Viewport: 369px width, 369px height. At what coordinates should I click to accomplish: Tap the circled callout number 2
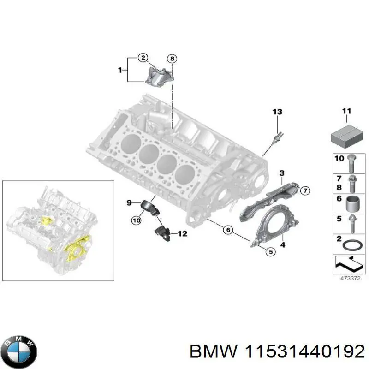(x=143, y=58)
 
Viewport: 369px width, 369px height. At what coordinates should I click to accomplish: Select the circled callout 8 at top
(x=172, y=59)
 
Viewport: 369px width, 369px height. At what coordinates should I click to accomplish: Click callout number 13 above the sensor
(x=276, y=112)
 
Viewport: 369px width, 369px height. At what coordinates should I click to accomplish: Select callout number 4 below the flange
(x=282, y=246)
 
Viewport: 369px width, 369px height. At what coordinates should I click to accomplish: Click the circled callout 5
(x=270, y=251)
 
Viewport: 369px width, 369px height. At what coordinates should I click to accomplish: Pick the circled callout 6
(x=227, y=229)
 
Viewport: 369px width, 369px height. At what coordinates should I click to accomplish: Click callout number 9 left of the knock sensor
(x=130, y=202)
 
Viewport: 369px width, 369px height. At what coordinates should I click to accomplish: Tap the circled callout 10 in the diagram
(x=136, y=221)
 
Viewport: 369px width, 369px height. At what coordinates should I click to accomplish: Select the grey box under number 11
(x=346, y=134)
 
